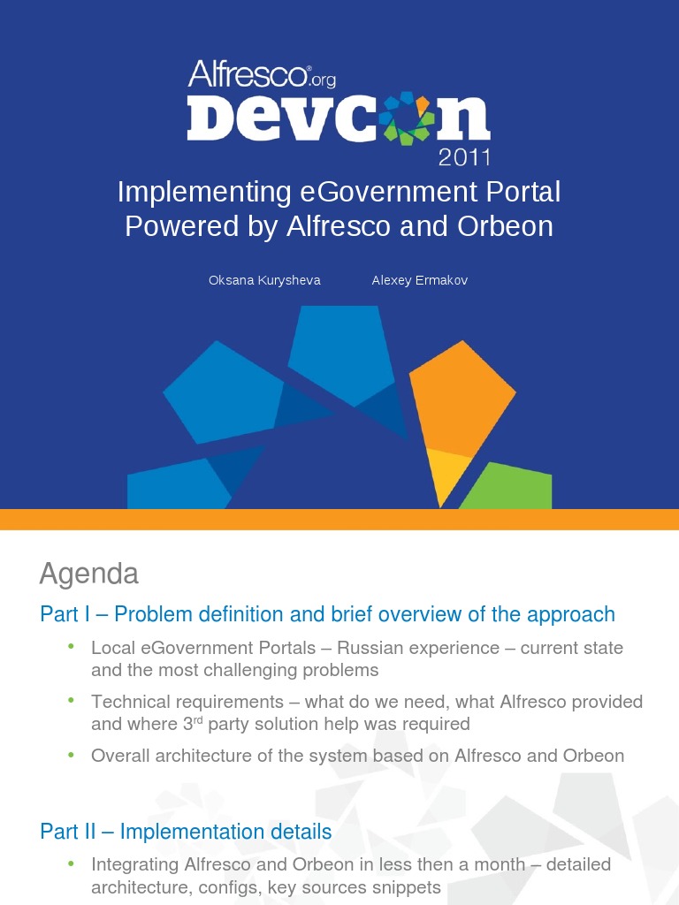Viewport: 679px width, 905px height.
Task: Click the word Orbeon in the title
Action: pyautogui.click(x=508, y=226)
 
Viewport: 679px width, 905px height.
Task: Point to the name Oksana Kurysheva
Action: pyautogui.click(x=264, y=280)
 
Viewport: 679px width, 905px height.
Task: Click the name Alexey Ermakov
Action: pyautogui.click(x=420, y=280)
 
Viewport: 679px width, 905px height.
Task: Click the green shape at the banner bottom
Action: pyautogui.click(x=510, y=489)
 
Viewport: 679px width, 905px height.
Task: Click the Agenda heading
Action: pyautogui.click(x=89, y=574)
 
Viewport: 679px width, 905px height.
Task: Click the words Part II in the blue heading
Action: pyautogui.click(x=71, y=832)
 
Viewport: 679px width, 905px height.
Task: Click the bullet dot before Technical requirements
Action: pyautogui.click(x=72, y=700)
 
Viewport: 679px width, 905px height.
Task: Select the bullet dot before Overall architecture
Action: pyautogui.click(x=72, y=754)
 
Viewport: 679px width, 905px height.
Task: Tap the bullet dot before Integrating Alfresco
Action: pyautogui.click(x=72, y=863)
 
